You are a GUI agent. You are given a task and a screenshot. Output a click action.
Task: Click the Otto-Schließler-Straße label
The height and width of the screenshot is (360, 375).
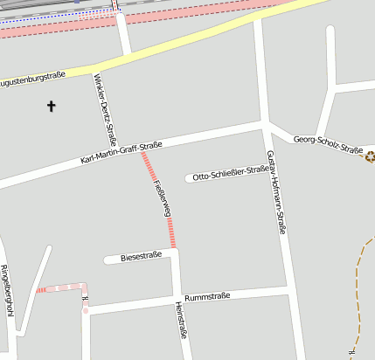231,174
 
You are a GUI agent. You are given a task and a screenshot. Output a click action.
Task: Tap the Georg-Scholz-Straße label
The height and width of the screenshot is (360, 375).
328,144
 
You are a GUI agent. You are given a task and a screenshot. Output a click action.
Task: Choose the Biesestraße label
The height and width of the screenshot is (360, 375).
142,257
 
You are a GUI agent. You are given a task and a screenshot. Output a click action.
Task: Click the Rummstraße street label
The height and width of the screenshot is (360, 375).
207,297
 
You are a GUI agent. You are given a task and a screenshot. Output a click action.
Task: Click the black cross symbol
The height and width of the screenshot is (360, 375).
51,107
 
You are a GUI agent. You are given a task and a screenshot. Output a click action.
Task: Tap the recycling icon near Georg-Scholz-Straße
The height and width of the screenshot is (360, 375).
370,157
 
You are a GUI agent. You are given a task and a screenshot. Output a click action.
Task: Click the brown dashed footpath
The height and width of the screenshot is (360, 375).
357,288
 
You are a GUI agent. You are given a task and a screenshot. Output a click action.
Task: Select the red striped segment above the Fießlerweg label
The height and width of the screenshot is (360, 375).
149,167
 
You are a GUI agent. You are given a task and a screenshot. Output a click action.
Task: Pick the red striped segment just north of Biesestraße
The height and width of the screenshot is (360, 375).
172,232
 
